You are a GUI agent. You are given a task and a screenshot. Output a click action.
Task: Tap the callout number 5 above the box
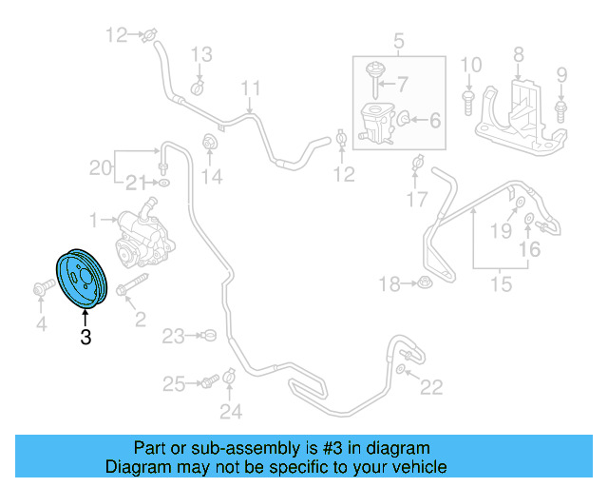point(398,41)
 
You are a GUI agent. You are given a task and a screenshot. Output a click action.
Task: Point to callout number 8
point(519,53)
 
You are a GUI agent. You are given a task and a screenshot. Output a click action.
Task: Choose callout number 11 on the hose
point(251,90)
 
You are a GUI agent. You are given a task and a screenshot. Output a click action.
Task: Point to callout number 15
point(501,283)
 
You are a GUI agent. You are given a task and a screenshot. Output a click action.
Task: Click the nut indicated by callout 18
point(421,282)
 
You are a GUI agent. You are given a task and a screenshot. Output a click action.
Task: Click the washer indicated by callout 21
point(164,182)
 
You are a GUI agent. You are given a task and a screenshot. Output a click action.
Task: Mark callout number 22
point(432,387)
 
